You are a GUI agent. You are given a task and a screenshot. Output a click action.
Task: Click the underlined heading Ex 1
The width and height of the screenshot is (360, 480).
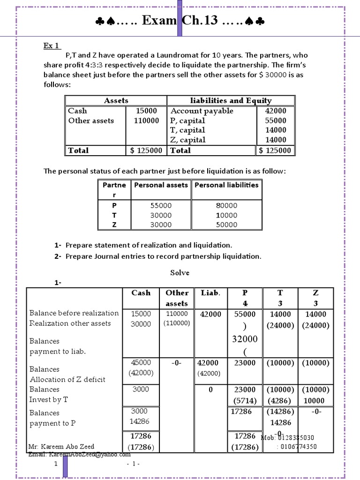(52, 45)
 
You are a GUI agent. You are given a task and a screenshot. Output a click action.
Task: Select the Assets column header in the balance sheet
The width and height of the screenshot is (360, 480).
(116, 100)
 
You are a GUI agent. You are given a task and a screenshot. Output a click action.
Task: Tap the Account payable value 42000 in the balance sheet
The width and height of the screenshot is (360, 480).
(276, 111)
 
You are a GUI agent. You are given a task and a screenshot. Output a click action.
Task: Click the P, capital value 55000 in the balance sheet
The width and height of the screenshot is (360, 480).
(276, 120)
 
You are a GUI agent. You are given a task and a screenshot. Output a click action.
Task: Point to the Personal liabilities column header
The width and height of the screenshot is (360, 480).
(226, 185)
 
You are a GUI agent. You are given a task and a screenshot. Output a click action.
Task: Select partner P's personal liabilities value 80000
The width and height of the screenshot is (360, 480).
(226, 205)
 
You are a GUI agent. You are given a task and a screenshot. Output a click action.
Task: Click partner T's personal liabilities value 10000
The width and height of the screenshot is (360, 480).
(226, 215)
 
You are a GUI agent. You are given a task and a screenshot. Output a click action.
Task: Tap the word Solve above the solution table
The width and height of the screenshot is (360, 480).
(180, 272)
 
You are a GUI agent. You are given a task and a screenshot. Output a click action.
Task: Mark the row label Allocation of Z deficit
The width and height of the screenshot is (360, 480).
(67, 379)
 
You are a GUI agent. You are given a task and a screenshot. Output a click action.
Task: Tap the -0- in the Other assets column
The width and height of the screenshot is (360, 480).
(177, 362)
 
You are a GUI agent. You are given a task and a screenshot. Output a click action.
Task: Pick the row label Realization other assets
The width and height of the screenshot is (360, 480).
(70, 323)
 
